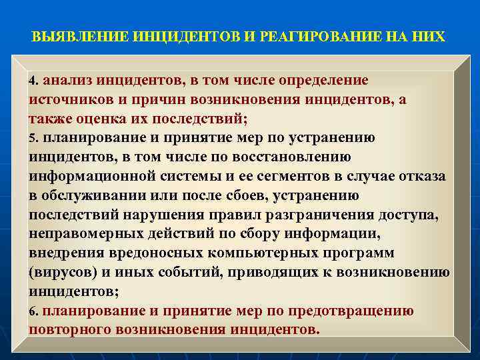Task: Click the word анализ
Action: [69, 81]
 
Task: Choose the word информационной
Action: [97, 177]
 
